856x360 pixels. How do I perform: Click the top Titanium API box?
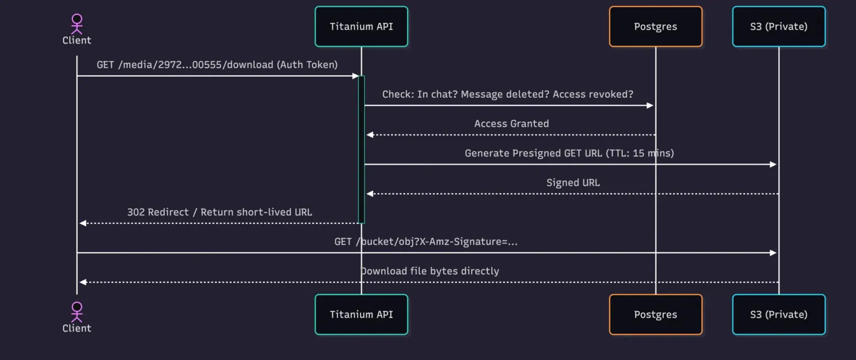click(x=361, y=26)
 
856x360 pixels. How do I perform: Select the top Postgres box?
click(x=655, y=26)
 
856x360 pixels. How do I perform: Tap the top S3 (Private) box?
click(x=778, y=26)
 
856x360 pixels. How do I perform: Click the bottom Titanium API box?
click(x=361, y=314)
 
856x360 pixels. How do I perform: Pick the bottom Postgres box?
click(x=655, y=314)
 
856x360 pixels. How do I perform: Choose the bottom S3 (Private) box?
click(x=778, y=314)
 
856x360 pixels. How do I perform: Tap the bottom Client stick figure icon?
click(x=77, y=311)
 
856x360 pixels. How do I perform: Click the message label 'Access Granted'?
click(x=511, y=123)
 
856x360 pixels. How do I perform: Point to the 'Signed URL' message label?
click(x=573, y=183)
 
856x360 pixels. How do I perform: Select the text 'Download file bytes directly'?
click(x=430, y=271)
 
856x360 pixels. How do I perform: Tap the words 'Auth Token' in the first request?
click(x=307, y=65)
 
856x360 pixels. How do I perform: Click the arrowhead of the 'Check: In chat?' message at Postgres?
click(x=651, y=105)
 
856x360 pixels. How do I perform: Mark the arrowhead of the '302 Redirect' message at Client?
click(x=82, y=223)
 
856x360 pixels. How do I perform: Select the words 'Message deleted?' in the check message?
click(x=505, y=94)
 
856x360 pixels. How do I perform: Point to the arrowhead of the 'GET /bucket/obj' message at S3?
click(x=774, y=253)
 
